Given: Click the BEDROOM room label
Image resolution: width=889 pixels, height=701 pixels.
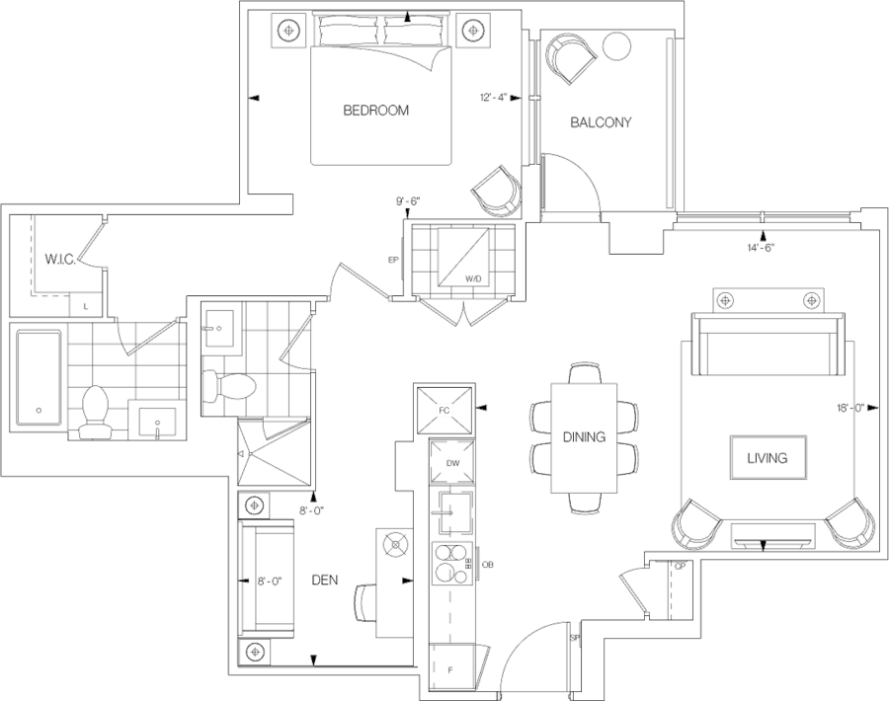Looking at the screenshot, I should tap(375, 112).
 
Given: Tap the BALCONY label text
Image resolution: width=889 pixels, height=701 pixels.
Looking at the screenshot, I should tap(602, 123).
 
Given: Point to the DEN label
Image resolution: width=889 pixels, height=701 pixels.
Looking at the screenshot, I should tap(325, 581).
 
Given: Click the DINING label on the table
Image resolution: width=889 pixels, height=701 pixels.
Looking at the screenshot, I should tap(583, 436).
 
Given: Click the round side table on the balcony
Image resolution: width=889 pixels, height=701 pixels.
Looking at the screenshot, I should tap(617, 45).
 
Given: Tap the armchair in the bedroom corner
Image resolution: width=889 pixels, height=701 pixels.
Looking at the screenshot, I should tap(496, 190).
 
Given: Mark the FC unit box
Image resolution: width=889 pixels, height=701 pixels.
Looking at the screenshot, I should tap(444, 408).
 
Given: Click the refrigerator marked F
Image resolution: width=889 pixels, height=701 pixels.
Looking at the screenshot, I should tap(452, 670).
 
